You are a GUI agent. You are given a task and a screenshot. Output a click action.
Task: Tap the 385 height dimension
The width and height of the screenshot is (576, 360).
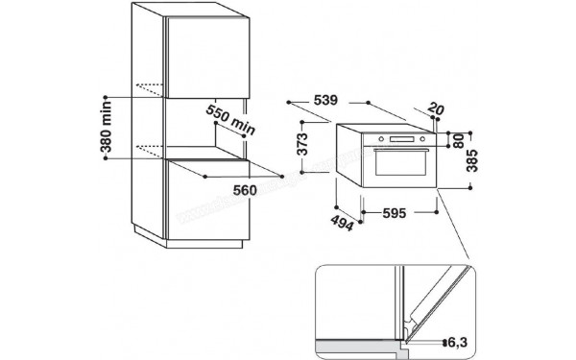point(470,160)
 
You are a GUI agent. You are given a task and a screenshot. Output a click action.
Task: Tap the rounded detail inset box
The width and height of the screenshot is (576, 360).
point(396,307)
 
